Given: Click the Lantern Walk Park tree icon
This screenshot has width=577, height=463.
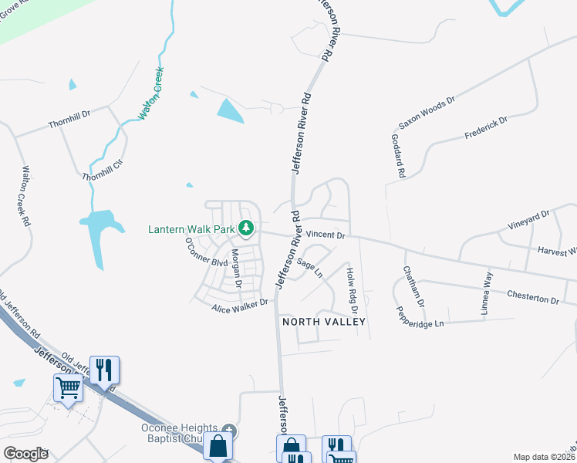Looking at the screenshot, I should click(246, 228).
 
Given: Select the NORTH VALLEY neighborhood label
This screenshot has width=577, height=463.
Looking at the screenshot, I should click(322, 321).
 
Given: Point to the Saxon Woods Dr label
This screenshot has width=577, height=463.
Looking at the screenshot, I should click(427, 113).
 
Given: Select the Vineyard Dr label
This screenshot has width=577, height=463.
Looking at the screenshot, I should click(528, 221).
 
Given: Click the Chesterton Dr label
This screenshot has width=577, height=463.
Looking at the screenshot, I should click(532, 297).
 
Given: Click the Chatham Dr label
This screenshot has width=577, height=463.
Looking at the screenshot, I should click(413, 286).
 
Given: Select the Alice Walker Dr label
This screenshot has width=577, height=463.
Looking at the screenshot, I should click(240, 306).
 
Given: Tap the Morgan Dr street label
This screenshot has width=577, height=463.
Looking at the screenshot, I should click(237, 269).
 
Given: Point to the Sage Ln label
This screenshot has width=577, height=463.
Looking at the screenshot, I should click(309, 269).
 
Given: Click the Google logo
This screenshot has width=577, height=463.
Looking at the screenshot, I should click(25, 453).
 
